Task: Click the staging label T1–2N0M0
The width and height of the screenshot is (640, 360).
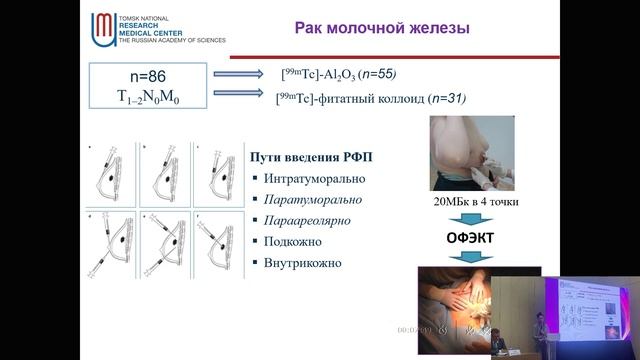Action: click(x=148, y=97)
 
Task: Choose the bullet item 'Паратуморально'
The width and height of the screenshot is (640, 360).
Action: click(x=312, y=199)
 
